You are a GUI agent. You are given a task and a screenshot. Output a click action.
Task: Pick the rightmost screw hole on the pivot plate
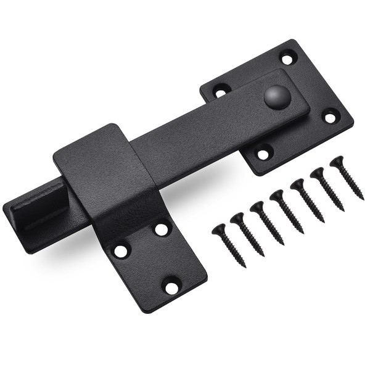(331, 115)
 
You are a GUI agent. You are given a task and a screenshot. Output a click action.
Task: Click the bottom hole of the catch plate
(170, 287)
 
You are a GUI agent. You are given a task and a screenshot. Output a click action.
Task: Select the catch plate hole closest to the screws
(162, 229)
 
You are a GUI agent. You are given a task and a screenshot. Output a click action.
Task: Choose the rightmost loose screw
(347, 179)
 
